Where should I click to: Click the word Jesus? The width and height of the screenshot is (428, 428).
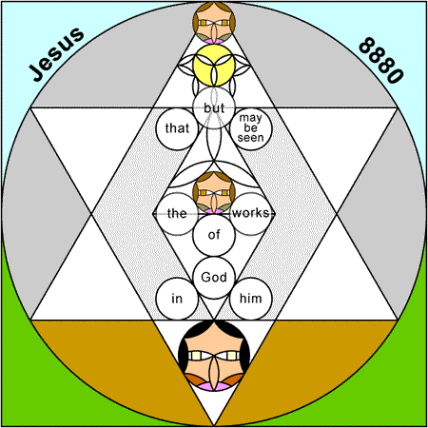pos(57,54)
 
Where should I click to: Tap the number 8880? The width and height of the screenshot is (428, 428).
pos(381,60)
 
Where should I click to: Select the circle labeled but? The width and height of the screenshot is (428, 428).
pos(214,107)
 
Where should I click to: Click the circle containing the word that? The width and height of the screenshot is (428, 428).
pos(177,128)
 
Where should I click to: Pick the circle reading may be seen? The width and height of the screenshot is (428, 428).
pos(251,128)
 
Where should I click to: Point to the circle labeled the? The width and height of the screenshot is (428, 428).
pos(177,213)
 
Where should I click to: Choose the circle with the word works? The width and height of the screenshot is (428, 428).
pos(251,213)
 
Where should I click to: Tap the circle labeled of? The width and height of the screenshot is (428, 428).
pos(214,235)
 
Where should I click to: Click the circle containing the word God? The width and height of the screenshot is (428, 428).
pos(214,278)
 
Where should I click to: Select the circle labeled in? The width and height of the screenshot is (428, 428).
pos(177,299)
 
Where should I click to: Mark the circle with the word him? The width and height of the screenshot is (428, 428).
pos(251,299)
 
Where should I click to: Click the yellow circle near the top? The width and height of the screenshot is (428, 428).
pos(214,66)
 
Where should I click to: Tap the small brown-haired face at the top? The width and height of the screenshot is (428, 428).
pos(214,23)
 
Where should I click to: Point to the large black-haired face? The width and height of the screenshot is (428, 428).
pos(214,356)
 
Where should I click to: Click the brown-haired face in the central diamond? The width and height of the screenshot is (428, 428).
pos(214,192)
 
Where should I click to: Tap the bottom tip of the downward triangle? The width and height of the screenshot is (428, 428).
pos(214,425)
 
